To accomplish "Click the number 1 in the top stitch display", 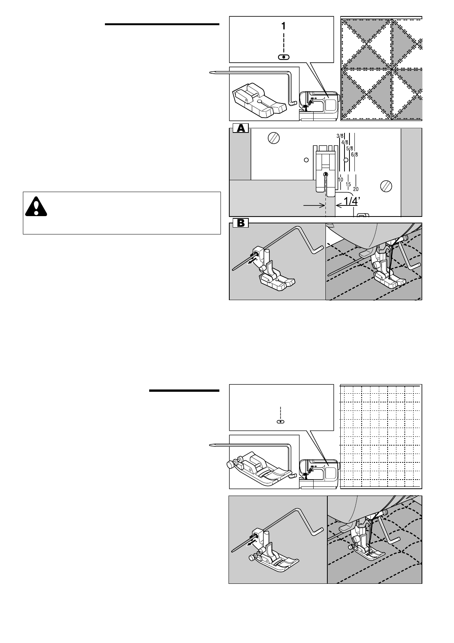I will coord(283,26).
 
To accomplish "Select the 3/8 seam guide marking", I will coord(340,136).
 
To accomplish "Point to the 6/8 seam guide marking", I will coord(354,154).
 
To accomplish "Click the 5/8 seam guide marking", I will coord(349,148).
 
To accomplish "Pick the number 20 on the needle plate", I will coord(356,189).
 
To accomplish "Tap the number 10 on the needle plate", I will coord(340,179).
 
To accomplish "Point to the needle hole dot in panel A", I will coord(325,174).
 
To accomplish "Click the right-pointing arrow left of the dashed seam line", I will coord(313,205).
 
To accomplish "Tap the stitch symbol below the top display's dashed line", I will coord(283,57).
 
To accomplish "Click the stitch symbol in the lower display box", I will coord(280,422).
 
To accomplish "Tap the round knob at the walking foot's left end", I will coord(231,465).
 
